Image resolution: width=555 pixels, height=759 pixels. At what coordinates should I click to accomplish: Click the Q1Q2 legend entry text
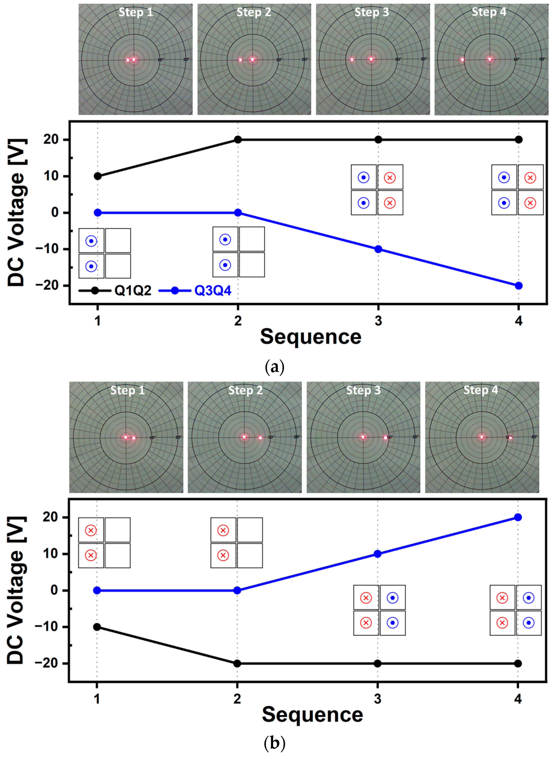(133, 290)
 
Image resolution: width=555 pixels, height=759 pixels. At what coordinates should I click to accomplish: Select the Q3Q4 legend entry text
(213, 290)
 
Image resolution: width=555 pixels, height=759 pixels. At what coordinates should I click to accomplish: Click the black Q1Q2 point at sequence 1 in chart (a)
(98, 176)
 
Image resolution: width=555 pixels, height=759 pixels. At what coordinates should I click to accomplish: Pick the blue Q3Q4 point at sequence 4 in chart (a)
(518, 286)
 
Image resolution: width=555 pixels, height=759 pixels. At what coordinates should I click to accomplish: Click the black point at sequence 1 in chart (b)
(97, 627)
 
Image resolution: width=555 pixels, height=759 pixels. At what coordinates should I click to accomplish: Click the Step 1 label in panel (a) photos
(136, 12)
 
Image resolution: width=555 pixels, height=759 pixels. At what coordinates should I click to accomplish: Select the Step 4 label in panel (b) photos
(481, 390)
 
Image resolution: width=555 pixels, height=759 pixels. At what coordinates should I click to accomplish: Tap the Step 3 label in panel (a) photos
(371, 12)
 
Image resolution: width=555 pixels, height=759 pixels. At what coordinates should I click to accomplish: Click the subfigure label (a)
(274, 367)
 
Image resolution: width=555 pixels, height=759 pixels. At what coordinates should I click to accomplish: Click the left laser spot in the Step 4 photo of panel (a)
(462, 60)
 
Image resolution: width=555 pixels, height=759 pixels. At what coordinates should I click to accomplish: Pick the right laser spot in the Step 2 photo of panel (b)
(260, 438)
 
